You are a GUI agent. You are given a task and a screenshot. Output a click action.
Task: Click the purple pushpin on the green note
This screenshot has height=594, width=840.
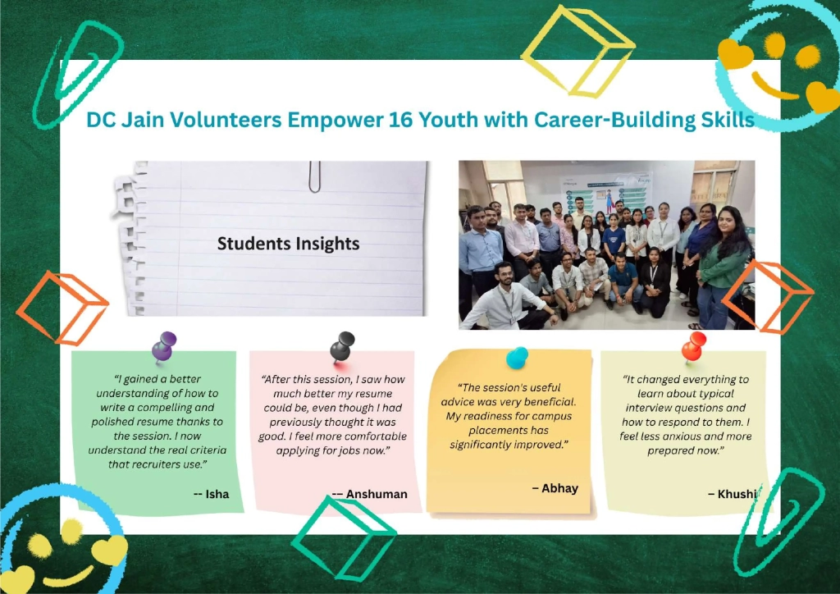(164, 346)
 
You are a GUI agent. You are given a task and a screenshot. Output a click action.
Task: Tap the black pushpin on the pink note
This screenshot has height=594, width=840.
(342, 347)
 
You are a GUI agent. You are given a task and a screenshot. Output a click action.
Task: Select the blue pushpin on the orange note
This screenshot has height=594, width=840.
(517, 357)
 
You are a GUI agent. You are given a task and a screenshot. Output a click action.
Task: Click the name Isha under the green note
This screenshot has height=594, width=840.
(217, 494)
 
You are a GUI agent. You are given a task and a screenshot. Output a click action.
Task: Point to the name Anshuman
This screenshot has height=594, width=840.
(377, 494)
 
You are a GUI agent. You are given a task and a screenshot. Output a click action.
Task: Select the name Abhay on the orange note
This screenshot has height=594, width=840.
(559, 488)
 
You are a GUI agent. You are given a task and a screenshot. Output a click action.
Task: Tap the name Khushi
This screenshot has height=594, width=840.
(737, 494)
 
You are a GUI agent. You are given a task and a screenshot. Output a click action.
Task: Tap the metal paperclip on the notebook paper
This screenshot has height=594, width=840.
(314, 176)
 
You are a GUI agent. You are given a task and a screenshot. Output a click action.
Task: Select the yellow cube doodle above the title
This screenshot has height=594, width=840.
(578, 51)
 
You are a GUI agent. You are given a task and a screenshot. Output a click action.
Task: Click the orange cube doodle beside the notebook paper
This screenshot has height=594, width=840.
(62, 308)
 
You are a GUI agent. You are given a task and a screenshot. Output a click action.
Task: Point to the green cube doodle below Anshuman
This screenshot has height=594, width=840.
(344, 539)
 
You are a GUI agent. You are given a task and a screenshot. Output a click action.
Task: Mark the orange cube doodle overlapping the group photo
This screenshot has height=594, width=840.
(768, 296)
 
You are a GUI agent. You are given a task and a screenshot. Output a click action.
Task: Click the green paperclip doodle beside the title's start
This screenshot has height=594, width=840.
(78, 75)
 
